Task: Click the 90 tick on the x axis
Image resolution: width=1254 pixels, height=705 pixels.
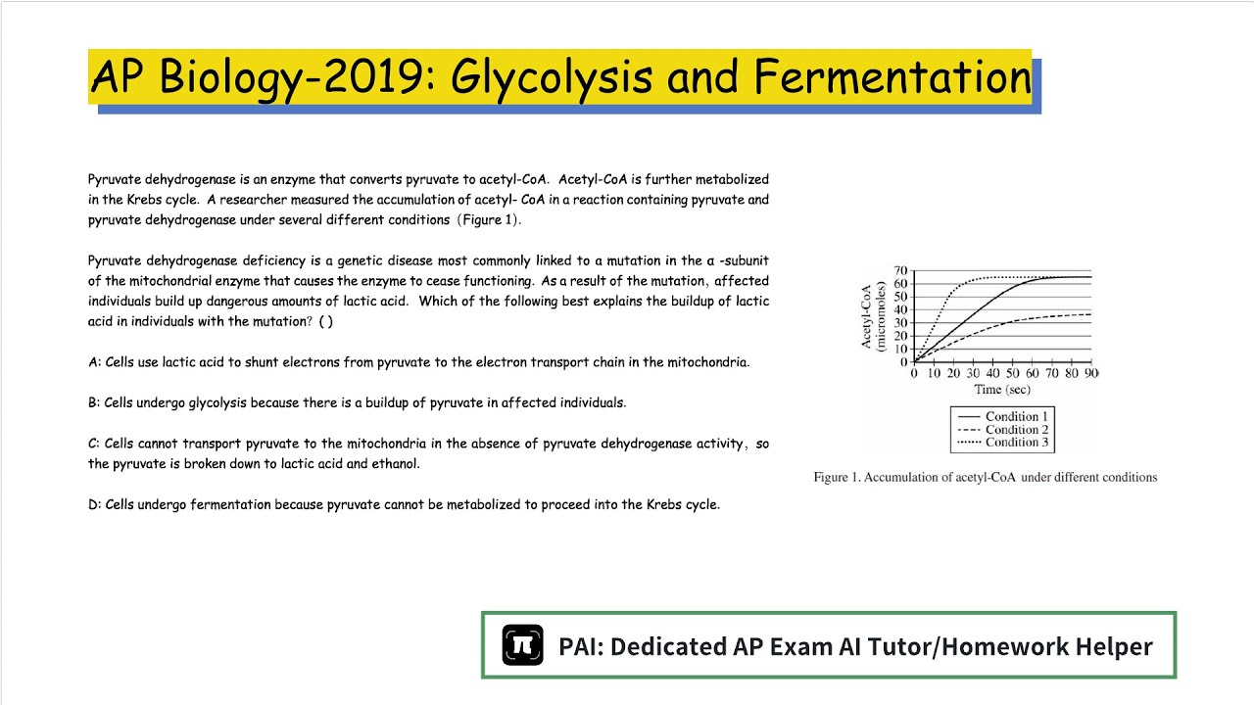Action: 1090,374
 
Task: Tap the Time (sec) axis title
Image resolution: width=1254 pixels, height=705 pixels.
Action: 1001,390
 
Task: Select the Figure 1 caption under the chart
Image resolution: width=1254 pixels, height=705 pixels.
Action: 985,478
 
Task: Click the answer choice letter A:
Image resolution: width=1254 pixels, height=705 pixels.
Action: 95,362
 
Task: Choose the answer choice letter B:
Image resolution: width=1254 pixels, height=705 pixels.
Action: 95,402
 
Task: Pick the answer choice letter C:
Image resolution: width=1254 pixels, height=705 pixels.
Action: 95,444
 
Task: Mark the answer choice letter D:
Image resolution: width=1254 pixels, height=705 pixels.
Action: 95,505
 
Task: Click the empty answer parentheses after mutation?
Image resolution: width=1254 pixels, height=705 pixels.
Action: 325,322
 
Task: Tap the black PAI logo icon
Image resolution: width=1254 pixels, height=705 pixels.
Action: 522,645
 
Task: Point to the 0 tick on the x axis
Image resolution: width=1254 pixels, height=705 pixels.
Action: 914,374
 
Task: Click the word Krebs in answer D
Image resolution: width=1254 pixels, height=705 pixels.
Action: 666,505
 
